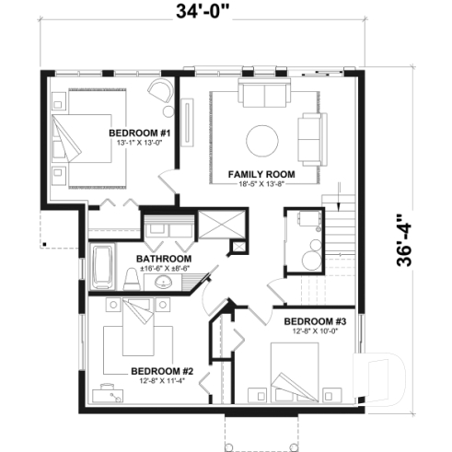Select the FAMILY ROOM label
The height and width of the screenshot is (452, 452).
click(x=261, y=173)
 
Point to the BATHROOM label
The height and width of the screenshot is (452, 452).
click(x=164, y=259)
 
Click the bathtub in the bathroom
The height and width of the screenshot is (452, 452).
click(x=100, y=268)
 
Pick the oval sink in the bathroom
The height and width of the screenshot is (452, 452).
click(x=165, y=282)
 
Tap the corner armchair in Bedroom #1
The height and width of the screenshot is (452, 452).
click(x=159, y=92)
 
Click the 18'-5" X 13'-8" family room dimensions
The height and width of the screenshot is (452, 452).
click(x=261, y=183)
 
